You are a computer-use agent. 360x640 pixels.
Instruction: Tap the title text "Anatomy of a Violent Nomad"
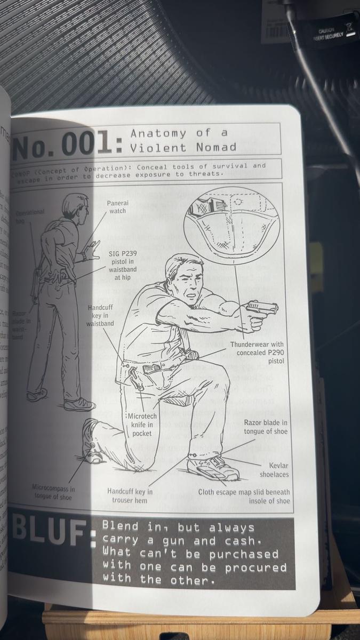point(182,140)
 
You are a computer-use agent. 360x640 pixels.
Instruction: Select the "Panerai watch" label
point(118,207)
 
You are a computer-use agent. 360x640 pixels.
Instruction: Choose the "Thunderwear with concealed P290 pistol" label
point(257,353)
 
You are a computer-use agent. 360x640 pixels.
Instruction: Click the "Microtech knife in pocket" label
point(142,424)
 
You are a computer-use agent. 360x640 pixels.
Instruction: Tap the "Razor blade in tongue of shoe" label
point(266,427)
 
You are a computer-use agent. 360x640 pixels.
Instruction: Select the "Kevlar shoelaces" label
point(274,469)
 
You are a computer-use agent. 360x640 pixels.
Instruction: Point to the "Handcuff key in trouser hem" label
point(130,495)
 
